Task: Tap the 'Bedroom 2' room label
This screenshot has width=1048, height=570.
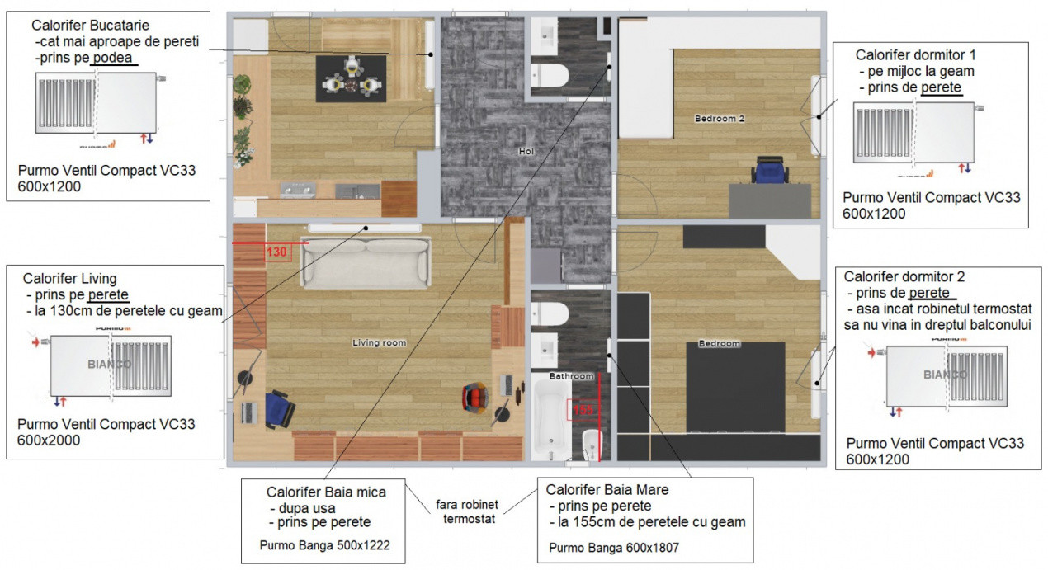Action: [x=719, y=119]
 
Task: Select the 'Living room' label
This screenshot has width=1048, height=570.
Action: [x=379, y=342]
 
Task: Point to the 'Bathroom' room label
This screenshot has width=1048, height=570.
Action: [x=573, y=376]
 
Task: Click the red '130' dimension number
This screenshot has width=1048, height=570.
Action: [x=276, y=252]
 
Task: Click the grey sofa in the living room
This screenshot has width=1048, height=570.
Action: [x=366, y=263]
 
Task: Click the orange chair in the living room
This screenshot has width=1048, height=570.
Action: [x=478, y=397]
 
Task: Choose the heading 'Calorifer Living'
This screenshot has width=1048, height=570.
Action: [x=69, y=278]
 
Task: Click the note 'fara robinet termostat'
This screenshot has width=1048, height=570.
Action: [x=466, y=511]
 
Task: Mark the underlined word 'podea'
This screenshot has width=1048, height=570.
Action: [x=113, y=58]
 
